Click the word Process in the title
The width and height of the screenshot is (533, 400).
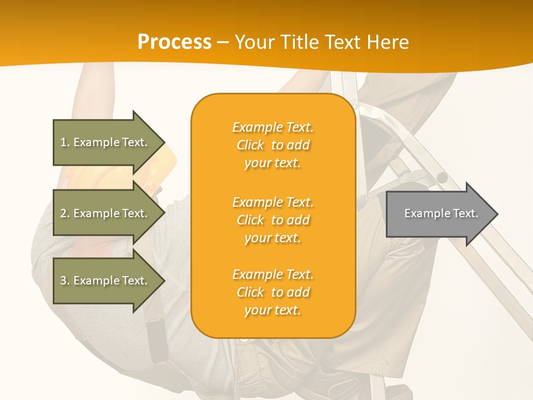(x=174, y=42)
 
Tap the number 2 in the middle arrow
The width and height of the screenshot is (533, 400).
(x=63, y=213)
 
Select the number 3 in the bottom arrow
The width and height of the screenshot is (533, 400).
(x=63, y=281)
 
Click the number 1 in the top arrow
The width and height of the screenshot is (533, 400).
(x=63, y=142)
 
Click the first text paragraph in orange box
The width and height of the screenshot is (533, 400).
(x=273, y=145)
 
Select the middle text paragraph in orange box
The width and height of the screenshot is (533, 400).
(x=273, y=220)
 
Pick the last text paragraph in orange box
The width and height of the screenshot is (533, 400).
(x=273, y=292)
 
